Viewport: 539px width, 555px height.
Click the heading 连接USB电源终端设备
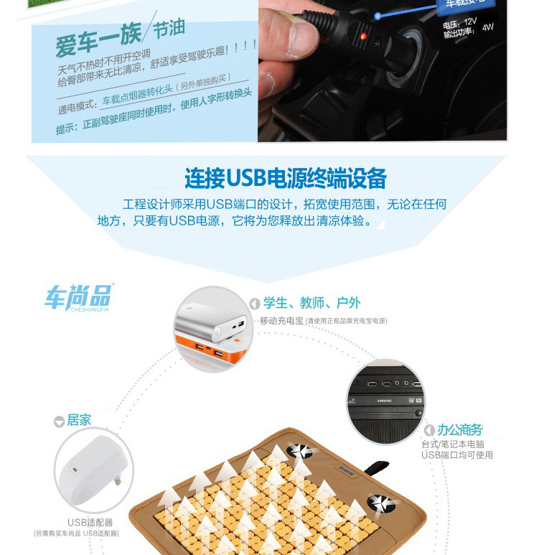coord(285,177)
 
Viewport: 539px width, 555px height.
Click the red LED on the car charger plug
coord(364,36)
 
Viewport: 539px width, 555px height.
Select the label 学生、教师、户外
coord(311,304)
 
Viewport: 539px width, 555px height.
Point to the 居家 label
coord(79,421)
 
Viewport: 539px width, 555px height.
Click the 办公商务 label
coord(460,430)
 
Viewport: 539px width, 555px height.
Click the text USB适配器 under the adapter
coord(90,522)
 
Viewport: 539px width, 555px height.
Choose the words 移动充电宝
coord(281,321)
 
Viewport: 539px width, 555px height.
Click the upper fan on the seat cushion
coord(299,451)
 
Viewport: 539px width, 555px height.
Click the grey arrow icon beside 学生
coord(254,304)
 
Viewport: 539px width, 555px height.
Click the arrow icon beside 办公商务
coord(429,431)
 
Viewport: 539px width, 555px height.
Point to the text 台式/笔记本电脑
coord(453,444)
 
